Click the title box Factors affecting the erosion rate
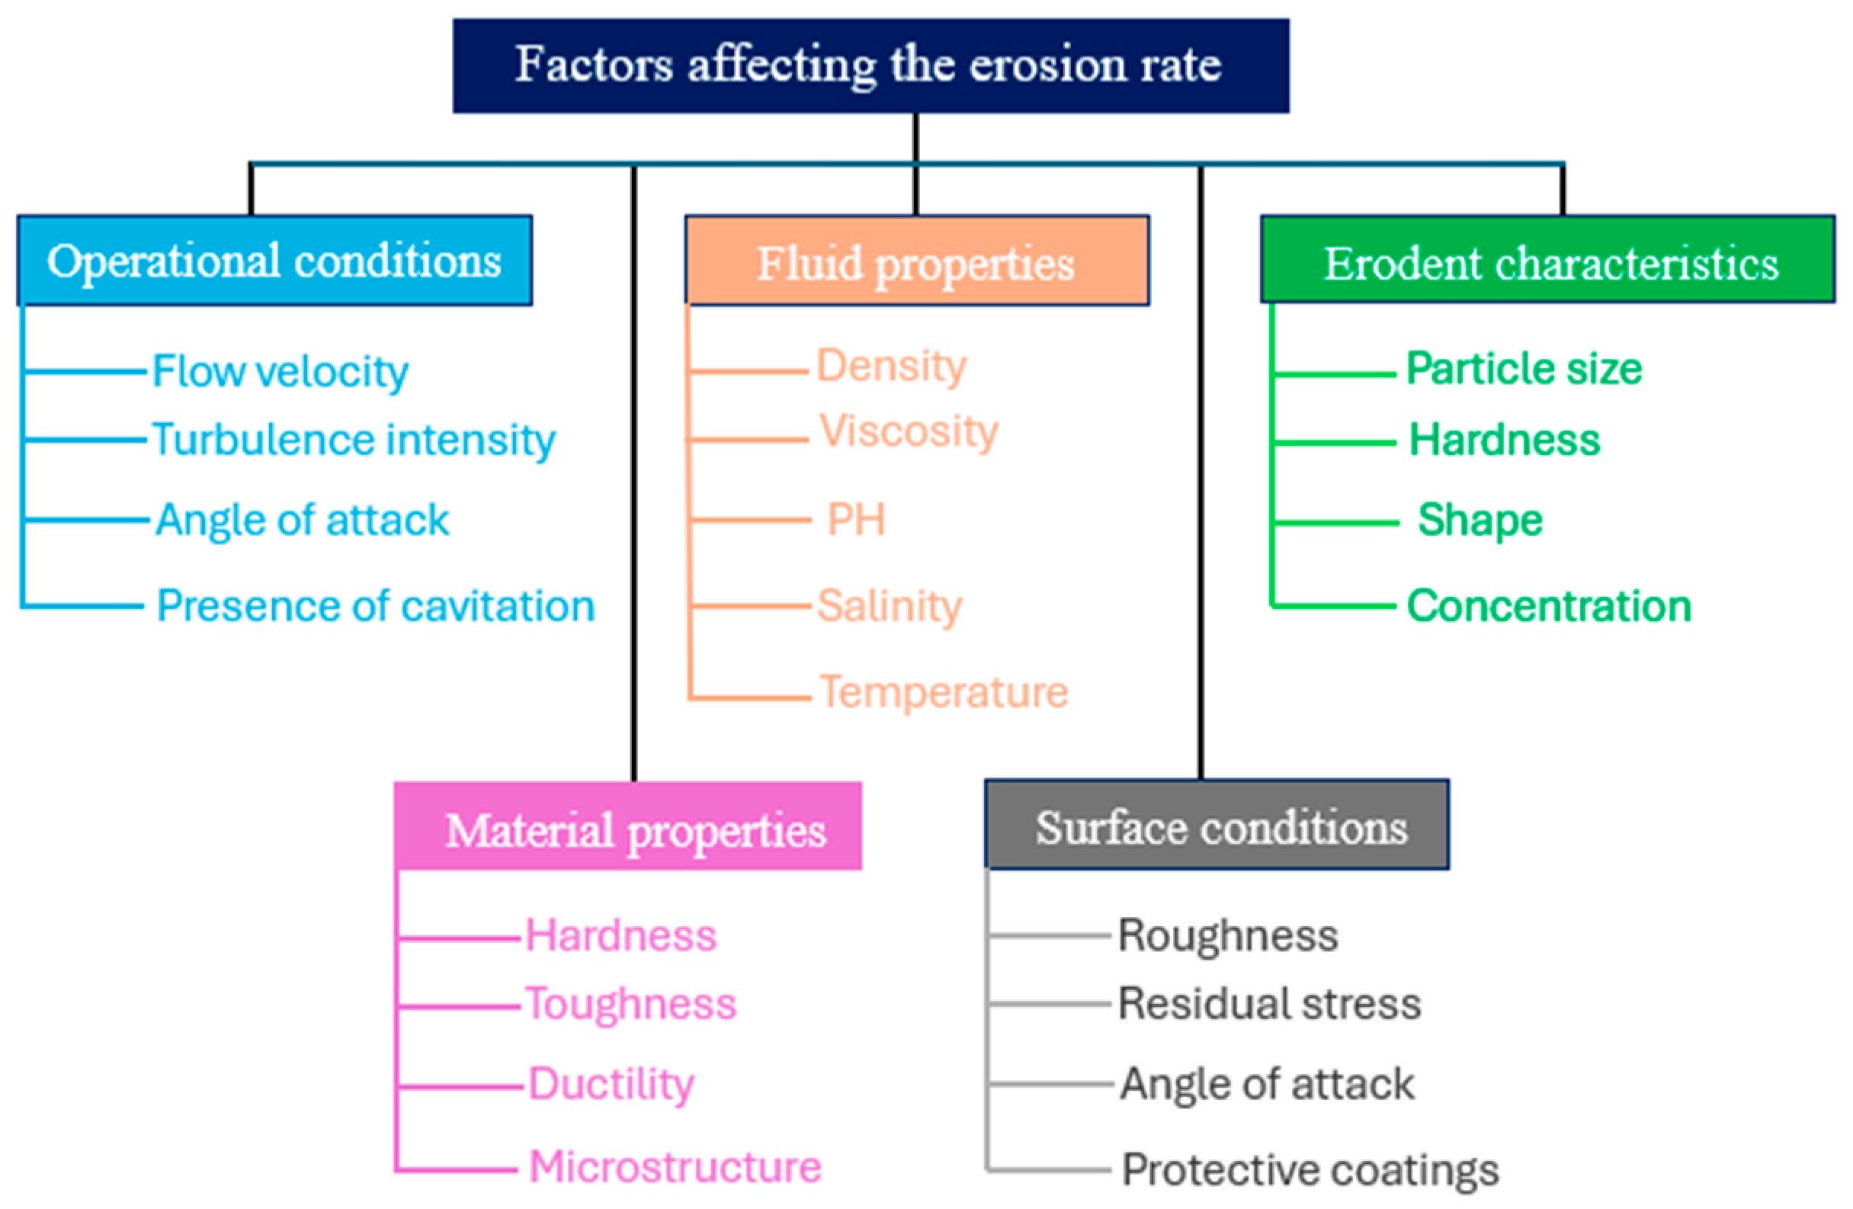coord(870,66)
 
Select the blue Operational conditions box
coord(274,260)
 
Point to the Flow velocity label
coord(281,371)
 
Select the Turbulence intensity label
coord(354,440)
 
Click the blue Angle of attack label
coord(303,520)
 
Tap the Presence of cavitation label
coord(376,606)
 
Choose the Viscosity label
coord(909,432)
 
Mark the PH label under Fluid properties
coord(857,519)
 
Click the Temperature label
coord(944,692)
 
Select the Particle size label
coord(1524,368)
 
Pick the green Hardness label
coord(1504,440)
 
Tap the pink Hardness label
coord(620,935)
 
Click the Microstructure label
coord(675,1167)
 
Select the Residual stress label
coord(1269,1003)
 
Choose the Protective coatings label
coord(1310,1170)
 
